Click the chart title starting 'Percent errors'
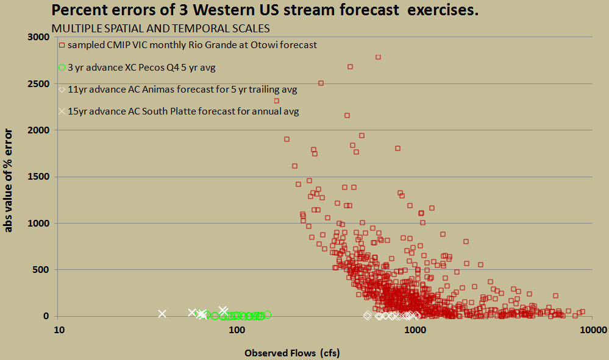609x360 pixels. [265, 10]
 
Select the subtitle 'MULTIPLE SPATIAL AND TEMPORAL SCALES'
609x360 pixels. [161, 29]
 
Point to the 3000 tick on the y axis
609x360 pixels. [38, 37]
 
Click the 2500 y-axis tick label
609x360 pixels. [38, 84]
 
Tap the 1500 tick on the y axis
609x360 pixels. [38, 177]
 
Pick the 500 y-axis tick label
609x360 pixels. [41, 270]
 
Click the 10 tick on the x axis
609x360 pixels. [59, 330]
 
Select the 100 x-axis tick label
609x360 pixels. [237, 330]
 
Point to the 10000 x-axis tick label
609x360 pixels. [593, 330]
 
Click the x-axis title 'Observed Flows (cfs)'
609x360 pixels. [292, 353]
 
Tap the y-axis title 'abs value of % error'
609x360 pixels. [8, 181]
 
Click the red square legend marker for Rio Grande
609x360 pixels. [62, 46]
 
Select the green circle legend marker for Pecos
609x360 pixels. [62, 68]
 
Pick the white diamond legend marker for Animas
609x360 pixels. [62, 90]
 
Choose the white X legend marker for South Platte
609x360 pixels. [62, 111]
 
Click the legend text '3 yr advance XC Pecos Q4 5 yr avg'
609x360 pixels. [141, 68]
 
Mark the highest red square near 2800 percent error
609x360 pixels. [379, 57]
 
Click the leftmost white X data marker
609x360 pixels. [162, 314]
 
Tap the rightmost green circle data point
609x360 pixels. [267, 314]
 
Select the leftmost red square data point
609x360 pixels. [277, 101]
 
